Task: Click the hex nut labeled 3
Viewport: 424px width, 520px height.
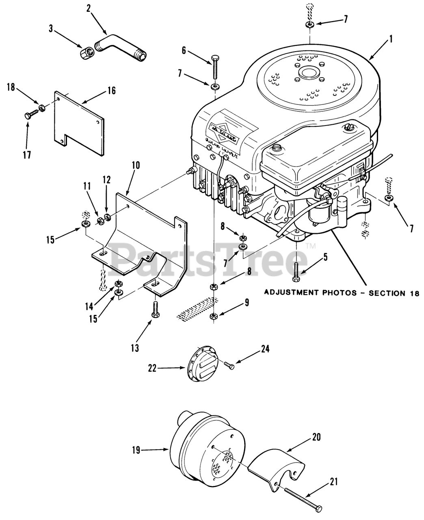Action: click(x=86, y=52)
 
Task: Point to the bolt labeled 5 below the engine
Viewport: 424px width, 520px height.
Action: click(x=296, y=271)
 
